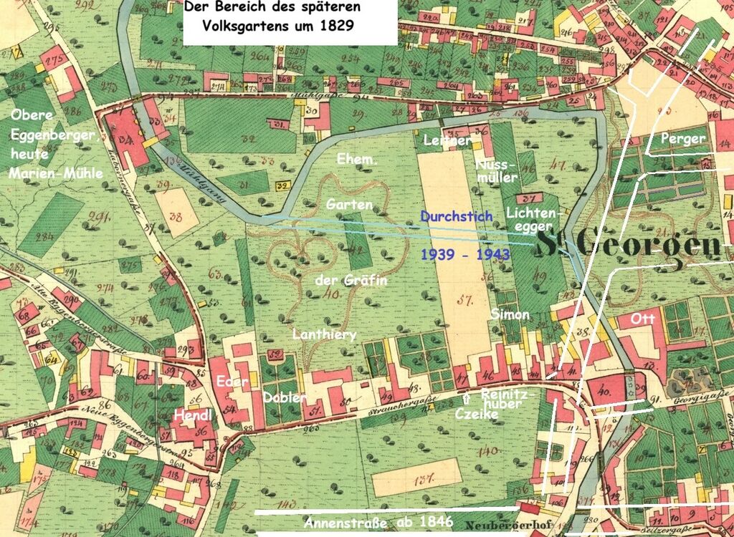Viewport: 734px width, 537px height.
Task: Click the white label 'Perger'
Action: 683,139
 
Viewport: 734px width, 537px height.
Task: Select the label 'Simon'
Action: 510,314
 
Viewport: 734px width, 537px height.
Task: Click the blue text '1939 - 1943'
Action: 464,254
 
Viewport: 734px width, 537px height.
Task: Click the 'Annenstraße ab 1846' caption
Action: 378,522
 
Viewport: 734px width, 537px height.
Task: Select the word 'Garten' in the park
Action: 349,204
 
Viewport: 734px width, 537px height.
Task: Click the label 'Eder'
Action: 234,382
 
